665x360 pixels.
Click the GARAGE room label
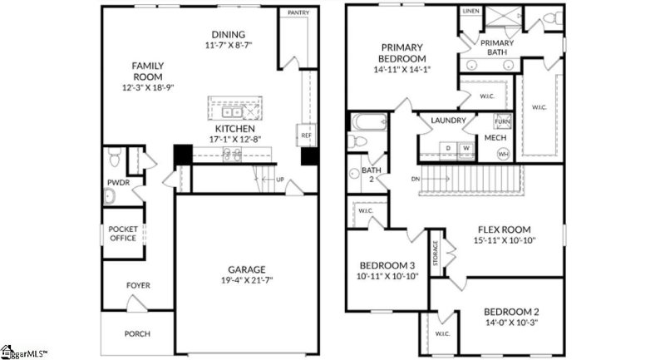[x=247, y=269]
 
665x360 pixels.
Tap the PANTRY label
[x=298, y=13]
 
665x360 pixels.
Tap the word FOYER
[x=138, y=285]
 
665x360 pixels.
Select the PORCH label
[x=137, y=335]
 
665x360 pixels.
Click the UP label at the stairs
[x=279, y=180]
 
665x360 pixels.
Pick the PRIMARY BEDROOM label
[x=403, y=53]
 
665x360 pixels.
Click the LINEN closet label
[x=470, y=12]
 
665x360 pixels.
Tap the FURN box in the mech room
[x=501, y=122]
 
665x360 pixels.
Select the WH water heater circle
[x=503, y=154]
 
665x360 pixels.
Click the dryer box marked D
[x=449, y=149]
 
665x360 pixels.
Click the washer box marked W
[x=465, y=149]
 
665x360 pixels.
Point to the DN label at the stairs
[x=416, y=179]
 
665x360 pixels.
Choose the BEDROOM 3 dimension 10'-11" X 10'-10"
[x=387, y=276]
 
